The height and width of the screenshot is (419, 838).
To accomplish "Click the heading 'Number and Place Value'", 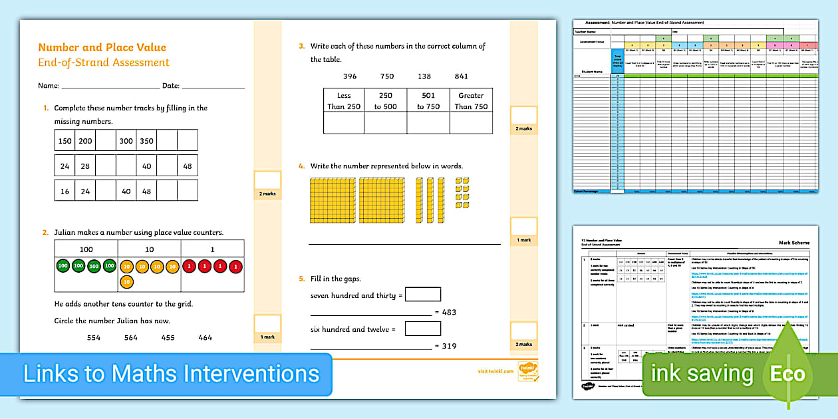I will click(102, 47).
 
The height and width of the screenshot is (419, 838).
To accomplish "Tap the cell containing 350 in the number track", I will click(146, 141).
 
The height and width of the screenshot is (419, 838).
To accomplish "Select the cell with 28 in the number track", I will click(85, 166).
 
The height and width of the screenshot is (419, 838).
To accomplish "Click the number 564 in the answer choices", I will click(130, 338).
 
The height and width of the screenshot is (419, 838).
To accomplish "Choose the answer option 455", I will click(168, 338).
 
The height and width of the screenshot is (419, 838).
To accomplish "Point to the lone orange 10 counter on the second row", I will click(126, 282).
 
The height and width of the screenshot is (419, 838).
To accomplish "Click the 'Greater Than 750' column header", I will click(472, 100).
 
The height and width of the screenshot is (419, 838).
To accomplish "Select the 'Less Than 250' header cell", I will click(344, 100).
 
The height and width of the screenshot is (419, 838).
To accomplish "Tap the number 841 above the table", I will click(462, 76).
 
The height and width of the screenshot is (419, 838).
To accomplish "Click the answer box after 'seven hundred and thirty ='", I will click(422, 294).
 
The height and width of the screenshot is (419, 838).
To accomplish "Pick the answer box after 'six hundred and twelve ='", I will click(422, 328).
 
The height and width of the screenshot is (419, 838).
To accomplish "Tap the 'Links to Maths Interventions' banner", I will click(171, 374).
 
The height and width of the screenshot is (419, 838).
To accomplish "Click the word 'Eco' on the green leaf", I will click(787, 374).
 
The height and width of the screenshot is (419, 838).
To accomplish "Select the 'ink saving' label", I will click(702, 374).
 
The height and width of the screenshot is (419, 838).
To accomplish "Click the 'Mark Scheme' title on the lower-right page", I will click(794, 243).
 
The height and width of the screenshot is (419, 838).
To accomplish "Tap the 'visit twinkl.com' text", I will click(495, 371).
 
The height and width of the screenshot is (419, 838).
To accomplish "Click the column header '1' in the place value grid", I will click(212, 249).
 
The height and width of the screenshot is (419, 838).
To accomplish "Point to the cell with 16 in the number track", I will click(65, 191).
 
